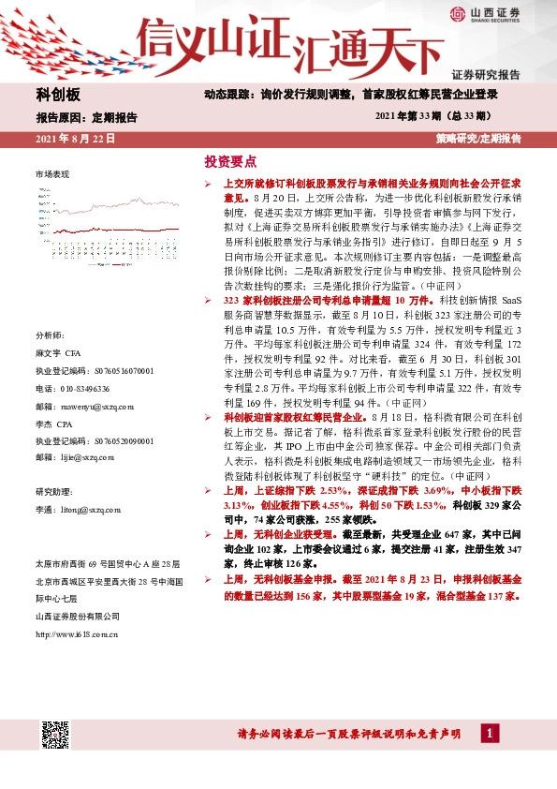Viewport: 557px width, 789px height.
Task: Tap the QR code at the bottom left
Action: point(55,736)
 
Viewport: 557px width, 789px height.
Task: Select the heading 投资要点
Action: point(229,161)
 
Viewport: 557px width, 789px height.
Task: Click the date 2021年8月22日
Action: point(75,139)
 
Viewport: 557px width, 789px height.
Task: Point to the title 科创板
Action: point(58,96)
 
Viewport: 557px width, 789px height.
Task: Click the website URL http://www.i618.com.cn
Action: point(77,634)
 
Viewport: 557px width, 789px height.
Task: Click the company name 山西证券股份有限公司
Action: point(77,616)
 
